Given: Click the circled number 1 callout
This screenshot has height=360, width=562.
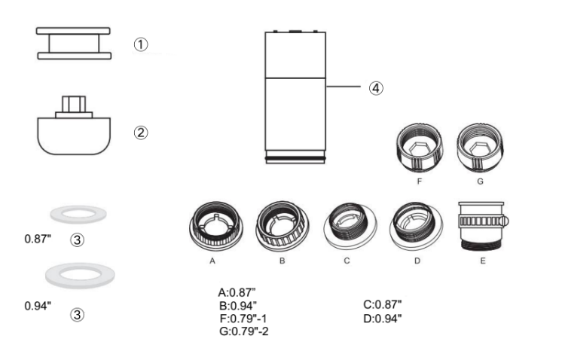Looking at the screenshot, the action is (140, 44).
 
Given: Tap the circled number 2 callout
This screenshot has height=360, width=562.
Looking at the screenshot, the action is (140, 133).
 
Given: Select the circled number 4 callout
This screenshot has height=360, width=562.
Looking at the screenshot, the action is (376, 88).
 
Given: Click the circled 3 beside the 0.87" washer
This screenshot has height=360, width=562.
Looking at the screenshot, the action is (77, 239).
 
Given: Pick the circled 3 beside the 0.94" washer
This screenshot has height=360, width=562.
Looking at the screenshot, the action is (77, 315).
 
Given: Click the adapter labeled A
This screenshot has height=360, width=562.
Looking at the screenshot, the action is (216, 225).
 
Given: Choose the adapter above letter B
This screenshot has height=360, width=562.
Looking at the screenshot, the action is (283, 225).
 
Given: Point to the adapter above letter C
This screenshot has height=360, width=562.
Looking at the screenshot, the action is (350, 226).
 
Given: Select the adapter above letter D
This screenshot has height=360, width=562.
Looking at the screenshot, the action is (416, 226).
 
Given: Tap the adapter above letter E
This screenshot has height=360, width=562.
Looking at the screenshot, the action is (483, 226).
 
